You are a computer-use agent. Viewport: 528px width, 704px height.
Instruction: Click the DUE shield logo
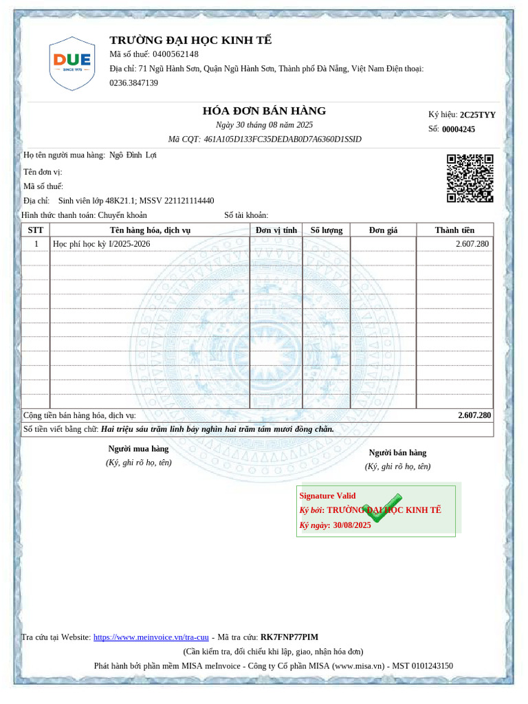tap(71, 64)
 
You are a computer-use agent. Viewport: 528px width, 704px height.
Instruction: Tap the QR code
tap(470, 178)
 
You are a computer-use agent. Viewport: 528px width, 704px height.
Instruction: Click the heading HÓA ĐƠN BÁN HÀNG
tap(264, 111)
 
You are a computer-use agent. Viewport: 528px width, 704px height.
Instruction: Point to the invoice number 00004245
tap(458, 129)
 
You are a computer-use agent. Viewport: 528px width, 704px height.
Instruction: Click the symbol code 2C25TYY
tap(477, 115)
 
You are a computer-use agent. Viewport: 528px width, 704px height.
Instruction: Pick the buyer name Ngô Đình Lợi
tap(133, 155)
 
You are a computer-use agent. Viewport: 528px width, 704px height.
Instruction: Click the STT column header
tap(36, 230)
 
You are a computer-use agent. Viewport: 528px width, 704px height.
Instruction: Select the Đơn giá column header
tap(383, 230)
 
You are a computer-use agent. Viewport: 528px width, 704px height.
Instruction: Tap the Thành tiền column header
tap(454, 230)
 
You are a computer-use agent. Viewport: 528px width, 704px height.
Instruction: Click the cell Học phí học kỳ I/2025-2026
tap(101, 244)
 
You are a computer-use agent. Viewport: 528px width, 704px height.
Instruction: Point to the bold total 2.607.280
tap(474, 415)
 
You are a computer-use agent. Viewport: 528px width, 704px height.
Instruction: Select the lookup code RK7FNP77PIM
tap(289, 637)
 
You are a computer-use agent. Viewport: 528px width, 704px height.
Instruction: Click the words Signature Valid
tap(327, 496)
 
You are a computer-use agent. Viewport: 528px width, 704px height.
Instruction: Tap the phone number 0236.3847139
tap(133, 82)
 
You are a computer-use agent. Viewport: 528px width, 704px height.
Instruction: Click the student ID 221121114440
tap(189, 201)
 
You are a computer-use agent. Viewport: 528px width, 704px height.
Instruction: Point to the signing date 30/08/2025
tap(351, 525)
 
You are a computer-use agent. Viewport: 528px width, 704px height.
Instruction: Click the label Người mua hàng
tap(138, 449)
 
